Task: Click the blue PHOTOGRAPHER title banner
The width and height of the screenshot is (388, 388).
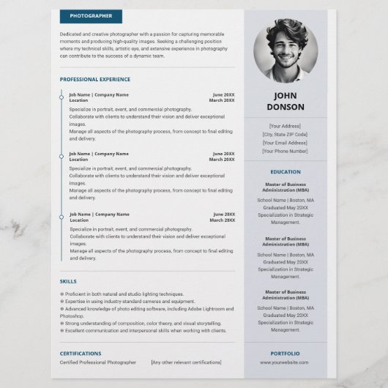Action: pyautogui.click(x=91, y=16)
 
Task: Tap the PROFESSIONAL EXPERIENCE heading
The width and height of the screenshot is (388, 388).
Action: pyautogui.click(x=95, y=79)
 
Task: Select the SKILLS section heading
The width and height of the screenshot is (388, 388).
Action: pyautogui.click(x=68, y=281)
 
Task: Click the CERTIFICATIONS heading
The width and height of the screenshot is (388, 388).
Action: pyautogui.click(x=81, y=354)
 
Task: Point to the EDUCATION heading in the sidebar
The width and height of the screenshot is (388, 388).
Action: pyautogui.click(x=285, y=172)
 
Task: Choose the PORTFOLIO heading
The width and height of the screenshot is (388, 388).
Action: pyautogui.click(x=285, y=354)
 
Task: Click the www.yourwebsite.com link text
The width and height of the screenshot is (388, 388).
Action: pyautogui.click(x=285, y=362)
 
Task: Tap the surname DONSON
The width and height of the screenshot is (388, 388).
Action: pyautogui.click(x=286, y=107)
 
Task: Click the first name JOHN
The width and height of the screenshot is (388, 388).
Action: pyautogui.click(x=286, y=95)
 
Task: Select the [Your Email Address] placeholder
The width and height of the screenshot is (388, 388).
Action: pyautogui.click(x=285, y=143)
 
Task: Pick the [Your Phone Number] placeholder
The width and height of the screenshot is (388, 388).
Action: pyautogui.click(x=285, y=152)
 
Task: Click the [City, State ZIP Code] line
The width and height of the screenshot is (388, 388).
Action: pyautogui.click(x=285, y=134)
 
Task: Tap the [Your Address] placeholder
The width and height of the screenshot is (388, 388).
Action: pyautogui.click(x=285, y=126)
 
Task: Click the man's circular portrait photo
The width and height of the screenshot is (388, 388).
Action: pyautogui.click(x=286, y=51)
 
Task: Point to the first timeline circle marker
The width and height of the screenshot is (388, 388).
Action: pyautogui.click(x=61, y=97)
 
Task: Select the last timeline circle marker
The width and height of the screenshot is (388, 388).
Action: pyautogui.click(x=61, y=217)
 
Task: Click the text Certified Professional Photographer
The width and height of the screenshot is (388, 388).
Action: pyautogui.click(x=98, y=362)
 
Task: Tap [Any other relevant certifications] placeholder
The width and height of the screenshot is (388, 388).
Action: pyautogui.click(x=186, y=362)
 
